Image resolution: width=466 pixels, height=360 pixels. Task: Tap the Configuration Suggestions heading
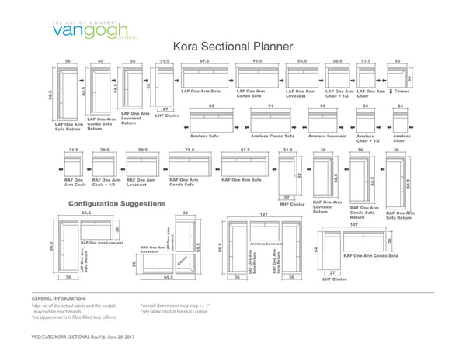click(116, 203)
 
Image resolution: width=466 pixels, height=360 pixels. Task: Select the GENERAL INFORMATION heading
click(59, 299)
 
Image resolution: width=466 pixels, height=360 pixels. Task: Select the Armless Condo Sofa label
click(271, 136)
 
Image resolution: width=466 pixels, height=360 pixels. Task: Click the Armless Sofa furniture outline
click(211, 121)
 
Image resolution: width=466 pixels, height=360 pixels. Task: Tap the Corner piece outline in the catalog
click(398, 77)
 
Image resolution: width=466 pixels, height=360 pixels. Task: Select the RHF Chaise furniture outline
click(287, 175)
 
